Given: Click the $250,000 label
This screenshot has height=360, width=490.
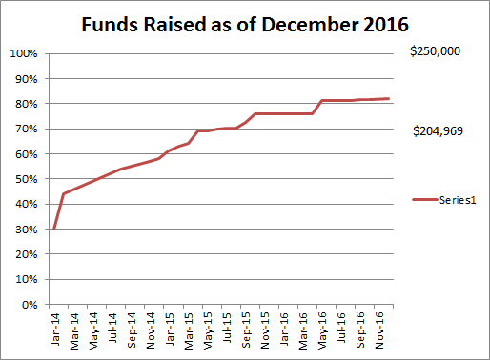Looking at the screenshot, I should click(x=435, y=51).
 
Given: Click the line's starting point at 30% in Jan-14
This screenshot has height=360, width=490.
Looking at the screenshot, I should click(x=54, y=229).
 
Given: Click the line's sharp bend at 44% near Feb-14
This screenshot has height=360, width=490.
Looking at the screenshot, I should click(x=64, y=193).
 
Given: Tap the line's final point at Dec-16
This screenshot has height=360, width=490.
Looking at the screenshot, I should click(x=388, y=98).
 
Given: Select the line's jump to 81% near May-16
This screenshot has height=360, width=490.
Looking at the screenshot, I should click(x=321, y=100).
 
